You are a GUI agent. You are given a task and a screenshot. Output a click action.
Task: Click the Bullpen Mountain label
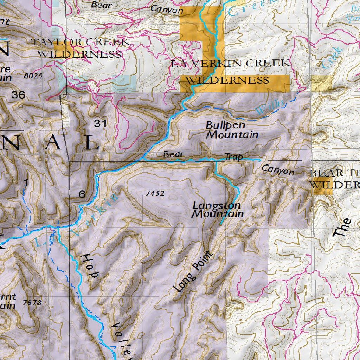point(232,130)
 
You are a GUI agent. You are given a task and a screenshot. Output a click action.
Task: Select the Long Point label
point(194,272)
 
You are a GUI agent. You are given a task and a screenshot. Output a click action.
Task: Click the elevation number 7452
point(155,193)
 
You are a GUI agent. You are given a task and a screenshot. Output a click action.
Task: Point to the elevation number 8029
point(33,76)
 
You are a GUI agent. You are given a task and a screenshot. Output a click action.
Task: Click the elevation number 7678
point(32,302)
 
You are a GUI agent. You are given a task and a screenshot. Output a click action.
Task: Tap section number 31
point(100,123)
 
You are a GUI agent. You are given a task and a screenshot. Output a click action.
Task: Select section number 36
point(18,95)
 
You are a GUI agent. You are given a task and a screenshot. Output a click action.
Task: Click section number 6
point(82,194)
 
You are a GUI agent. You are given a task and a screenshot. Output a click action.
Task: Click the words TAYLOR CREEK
point(81,42)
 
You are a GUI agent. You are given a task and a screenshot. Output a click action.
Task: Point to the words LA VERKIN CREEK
point(231,64)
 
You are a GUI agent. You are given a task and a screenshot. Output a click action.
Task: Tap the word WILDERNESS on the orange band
point(227,80)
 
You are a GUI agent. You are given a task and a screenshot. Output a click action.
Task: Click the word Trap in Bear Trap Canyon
point(233,156)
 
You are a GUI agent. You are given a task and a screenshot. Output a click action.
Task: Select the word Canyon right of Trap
point(278,170)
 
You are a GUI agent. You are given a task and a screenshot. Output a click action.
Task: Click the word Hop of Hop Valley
point(90,266)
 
